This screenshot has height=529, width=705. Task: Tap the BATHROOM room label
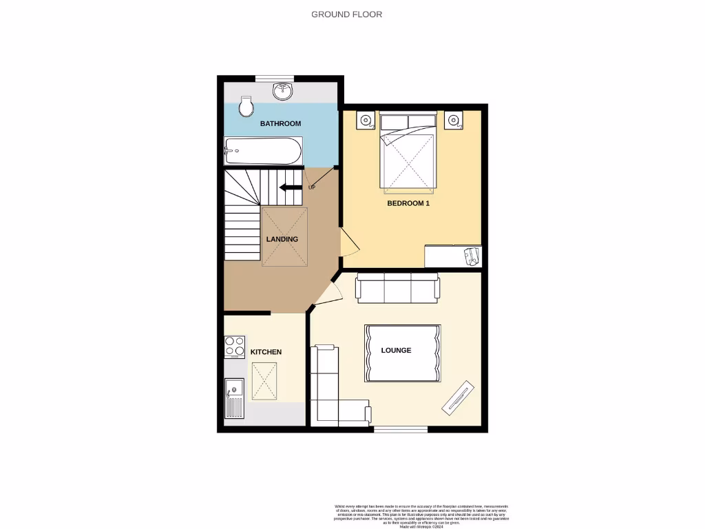point(280,123)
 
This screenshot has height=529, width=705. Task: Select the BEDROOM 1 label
point(408,203)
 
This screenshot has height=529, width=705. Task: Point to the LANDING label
point(282,239)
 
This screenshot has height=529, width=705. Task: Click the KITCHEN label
point(266,352)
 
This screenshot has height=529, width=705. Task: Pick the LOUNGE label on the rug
point(396,350)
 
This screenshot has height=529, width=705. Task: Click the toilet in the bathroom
point(246,106)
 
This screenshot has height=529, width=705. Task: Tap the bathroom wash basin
point(282,91)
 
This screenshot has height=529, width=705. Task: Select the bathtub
point(262,150)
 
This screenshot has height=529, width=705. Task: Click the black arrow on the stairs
point(290,187)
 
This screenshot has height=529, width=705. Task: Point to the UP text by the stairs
point(312,187)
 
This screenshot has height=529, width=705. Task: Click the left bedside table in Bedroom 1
point(365,121)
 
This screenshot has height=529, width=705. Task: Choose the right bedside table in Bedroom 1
point(453,121)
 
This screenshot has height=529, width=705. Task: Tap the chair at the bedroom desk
point(472,256)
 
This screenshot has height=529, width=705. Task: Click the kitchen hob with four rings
point(235,346)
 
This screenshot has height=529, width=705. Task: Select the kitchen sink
point(234,398)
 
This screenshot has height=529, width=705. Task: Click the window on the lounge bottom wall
point(400,429)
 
